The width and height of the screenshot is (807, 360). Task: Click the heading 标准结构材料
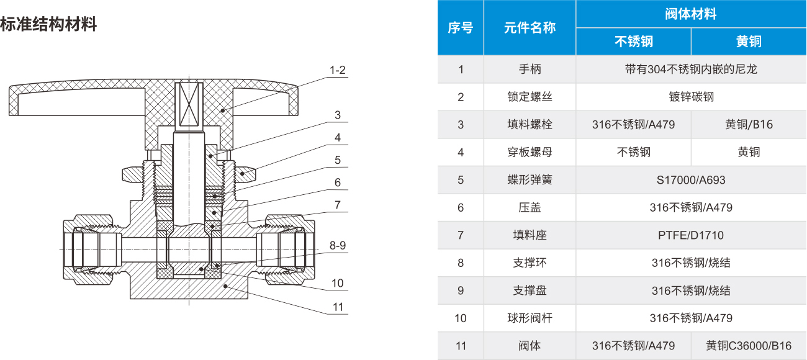(x=48, y=25)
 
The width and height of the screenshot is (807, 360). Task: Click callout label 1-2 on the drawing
(x=338, y=70)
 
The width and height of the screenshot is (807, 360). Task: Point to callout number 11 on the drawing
(x=338, y=307)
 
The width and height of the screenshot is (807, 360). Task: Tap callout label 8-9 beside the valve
(x=338, y=245)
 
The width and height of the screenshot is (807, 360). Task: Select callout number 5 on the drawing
(x=338, y=160)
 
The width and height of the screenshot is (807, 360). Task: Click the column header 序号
(x=460, y=28)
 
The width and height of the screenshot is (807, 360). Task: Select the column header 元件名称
(x=530, y=28)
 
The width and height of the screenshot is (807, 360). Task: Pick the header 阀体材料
(x=691, y=14)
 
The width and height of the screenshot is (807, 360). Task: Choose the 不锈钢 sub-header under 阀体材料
(x=633, y=42)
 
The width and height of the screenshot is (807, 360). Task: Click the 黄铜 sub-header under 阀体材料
(x=749, y=42)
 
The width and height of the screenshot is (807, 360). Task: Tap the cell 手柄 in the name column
(x=530, y=70)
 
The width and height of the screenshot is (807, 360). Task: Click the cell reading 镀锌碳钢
(x=691, y=97)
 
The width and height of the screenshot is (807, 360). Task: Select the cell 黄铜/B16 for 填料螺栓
(x=749, y=124)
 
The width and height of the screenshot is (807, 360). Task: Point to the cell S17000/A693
(x=691, y=180)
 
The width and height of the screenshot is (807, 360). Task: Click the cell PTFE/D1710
(x=691, y=235)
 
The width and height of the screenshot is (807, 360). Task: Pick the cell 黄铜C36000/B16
(x=749, y=346)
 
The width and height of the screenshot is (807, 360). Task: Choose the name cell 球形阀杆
(x=530, y=318)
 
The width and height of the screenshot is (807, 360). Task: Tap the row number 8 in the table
(x=460, y=263)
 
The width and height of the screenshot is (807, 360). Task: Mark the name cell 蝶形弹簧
(x=530, y=180)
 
